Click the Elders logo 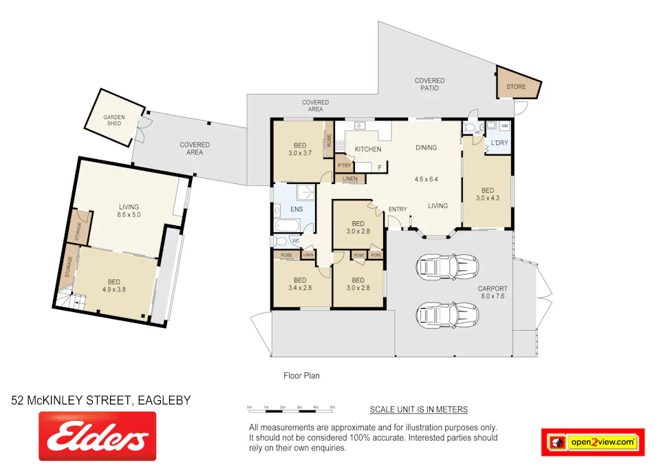[x=97, y=436]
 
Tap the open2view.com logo [x=593, y=442]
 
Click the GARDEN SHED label [x=114, y=121]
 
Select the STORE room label [x=516, y=87]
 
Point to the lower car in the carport [x=448, y=314]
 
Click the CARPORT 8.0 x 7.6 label [x=493, y=293]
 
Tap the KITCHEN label [x=368, y=149]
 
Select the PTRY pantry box [x=344, y=165]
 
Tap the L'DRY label [x=499, y=143]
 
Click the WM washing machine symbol [x=504, y=126]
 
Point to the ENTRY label [x=398, y=209]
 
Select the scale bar [x=291, y=409]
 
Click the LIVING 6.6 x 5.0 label [x=129, y=211]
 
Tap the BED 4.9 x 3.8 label [x=114, y=285]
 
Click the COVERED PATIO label [x=429, y=85]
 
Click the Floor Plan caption [x=301, y=376]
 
